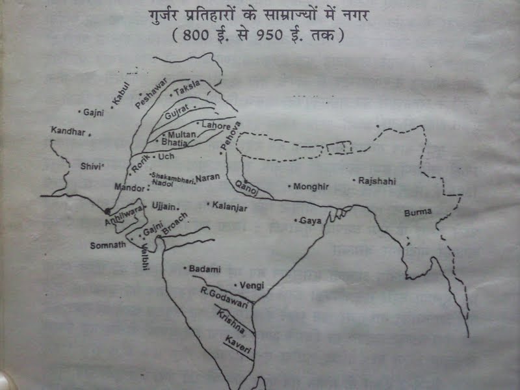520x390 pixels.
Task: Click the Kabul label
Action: pos(122,93)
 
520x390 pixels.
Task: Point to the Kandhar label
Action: pos(68,131)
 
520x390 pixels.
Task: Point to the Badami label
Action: pos(205,268)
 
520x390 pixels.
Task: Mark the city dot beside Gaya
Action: pos(296,221)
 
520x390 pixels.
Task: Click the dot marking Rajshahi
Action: pos(353,179)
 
